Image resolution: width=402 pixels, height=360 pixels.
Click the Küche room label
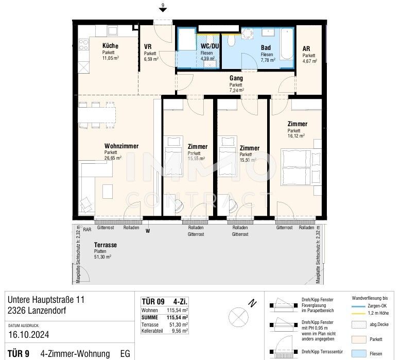coord(110,46)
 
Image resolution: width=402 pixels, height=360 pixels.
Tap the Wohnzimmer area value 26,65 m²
coord(113,158)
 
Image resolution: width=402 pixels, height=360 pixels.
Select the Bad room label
coord(266,48)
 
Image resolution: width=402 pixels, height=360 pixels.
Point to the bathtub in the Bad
coord(287,44)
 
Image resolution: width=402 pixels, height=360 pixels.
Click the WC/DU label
coord(209,46)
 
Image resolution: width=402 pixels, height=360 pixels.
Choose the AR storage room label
coord(306,48)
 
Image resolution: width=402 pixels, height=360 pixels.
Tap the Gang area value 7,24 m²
coord(237,90)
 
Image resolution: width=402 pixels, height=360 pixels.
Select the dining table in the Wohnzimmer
coord(97,115)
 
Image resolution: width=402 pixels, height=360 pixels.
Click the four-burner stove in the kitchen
coord(83,45)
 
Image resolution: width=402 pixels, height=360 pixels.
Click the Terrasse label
coord(106,245)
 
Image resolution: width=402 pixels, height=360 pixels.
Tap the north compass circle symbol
coord(238,317)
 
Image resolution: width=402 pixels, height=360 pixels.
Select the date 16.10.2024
coord(29,335)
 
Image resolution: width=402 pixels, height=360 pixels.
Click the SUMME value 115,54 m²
coord(178,317)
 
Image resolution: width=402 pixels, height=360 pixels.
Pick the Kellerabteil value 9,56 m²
coord(180,331)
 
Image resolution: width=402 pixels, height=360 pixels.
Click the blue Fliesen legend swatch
coord(359,354)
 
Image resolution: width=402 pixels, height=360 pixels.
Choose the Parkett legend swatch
coord(359,339)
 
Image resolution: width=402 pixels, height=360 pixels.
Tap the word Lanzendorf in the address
coord(47,311)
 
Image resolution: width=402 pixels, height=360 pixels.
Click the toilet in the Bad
coord(231,41)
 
